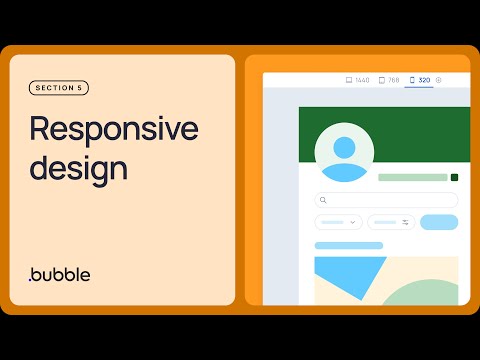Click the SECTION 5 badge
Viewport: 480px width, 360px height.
pyautogui.click(x=59, y=88)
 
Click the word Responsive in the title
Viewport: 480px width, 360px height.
pyautogui.click(x=113, y=129)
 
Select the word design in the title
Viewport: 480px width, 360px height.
pyautogui.click(x=78, y=167)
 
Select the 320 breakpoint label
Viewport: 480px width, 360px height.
pyautogui.click(x=425, y=79)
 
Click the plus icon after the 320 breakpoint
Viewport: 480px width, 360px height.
pyautogui.click(x=439, y=79)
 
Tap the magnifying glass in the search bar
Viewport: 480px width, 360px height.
pyautogui.click(x=323, y=200)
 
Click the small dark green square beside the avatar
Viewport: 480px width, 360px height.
pyautogui.click(x=454, y=177)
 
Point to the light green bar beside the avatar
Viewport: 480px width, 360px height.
pyautogui.click(x=412, y=177)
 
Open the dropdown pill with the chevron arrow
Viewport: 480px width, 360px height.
pyautogui.click(x=338, y=222)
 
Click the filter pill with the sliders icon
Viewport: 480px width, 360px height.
pyautogui.click(x=391, y=222)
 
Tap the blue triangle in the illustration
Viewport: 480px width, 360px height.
pyautogui.click(x=340, y=275)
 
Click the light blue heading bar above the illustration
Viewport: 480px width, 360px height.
pyautogui.click(x=348, y=245)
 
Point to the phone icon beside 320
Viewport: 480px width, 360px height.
pyautogui.click(x=412, y=79)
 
